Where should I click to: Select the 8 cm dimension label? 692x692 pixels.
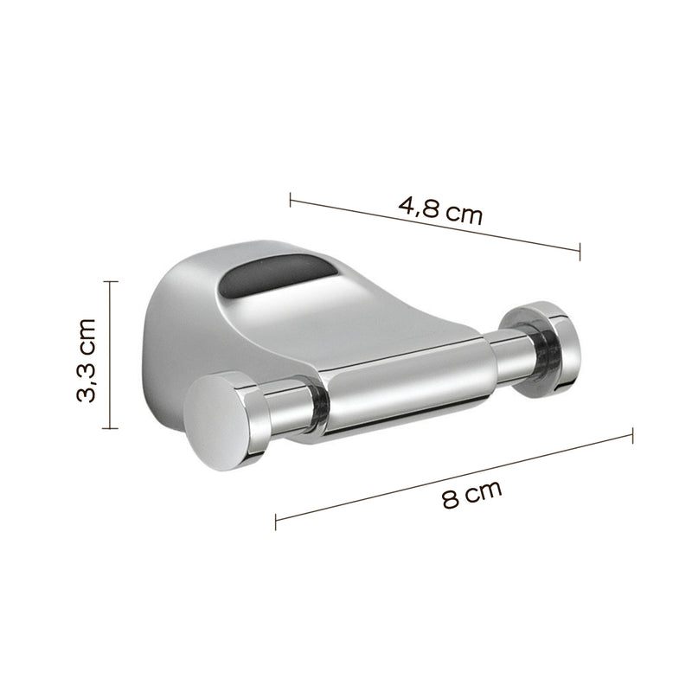(471, 497)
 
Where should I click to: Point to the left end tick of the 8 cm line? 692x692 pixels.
(276, 522)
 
